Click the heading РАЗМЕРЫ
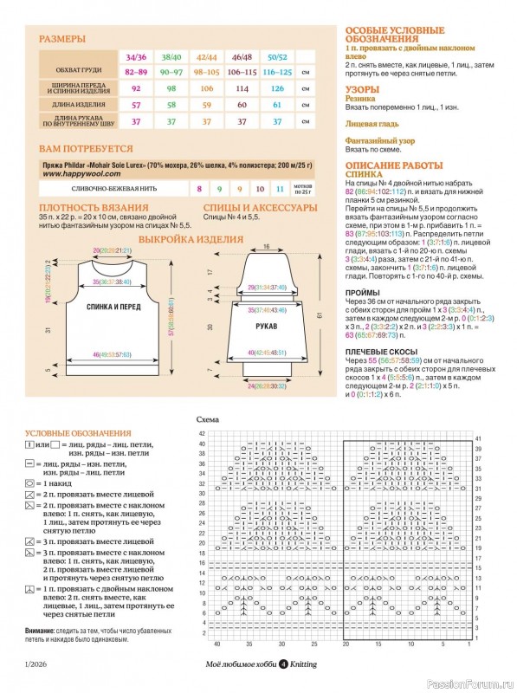pos(62,39)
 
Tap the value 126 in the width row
pos(277,88)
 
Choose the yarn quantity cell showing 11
pos(279,188)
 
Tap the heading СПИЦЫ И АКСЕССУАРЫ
pos(254,208)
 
